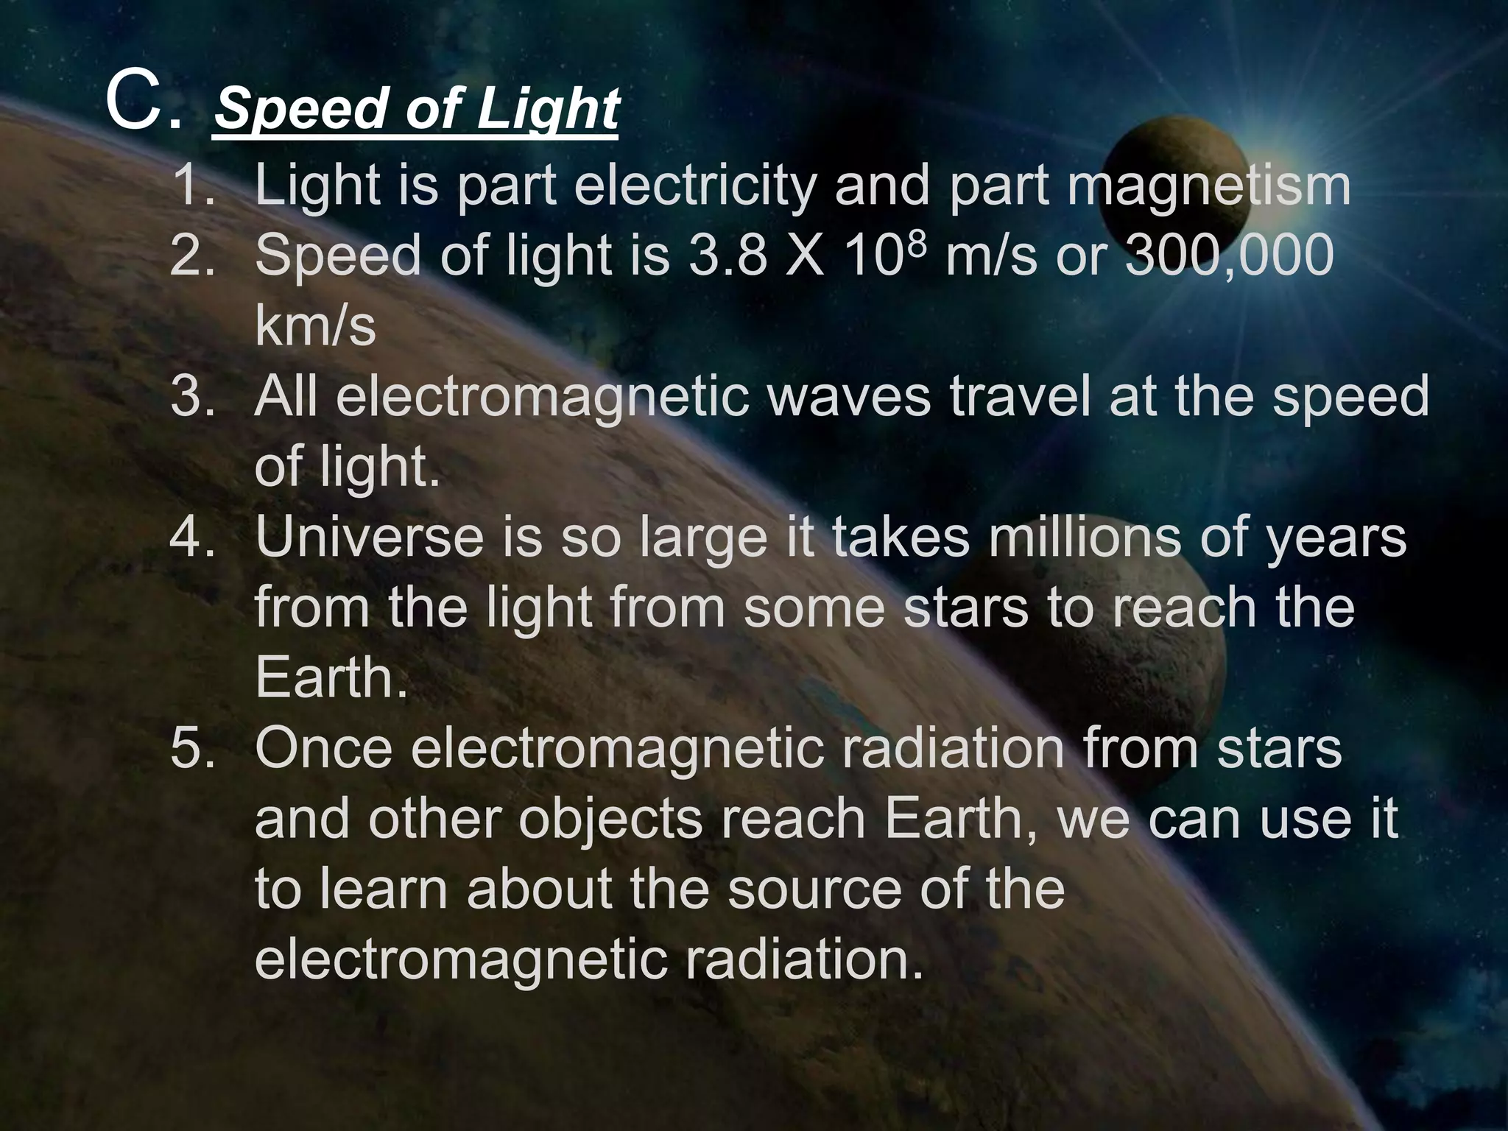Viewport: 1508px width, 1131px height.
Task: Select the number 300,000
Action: [1230, 256]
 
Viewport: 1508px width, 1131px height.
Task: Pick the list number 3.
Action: [190, 396]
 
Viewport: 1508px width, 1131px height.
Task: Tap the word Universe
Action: [369, 538]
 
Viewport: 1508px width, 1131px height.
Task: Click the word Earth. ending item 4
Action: [331, 678]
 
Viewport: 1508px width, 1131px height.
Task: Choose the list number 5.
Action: [190, 749]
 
